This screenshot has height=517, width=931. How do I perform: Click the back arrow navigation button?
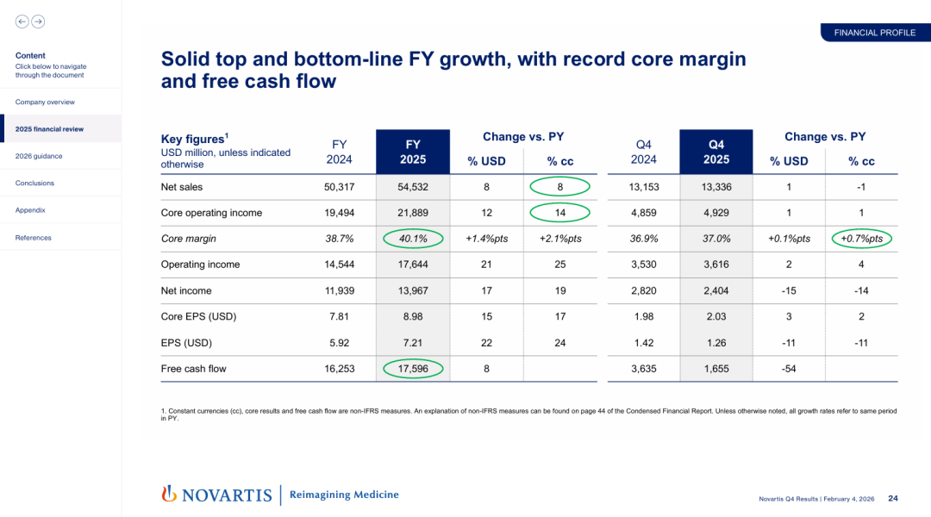pos(22,22)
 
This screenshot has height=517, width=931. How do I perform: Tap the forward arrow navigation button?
pos(38,22)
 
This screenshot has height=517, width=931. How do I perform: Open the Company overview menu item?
pos(45,102)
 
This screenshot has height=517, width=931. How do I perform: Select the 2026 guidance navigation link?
pos(39,156)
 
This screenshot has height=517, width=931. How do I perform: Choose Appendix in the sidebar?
pos(30,210)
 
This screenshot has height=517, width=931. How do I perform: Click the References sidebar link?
pos(34,238)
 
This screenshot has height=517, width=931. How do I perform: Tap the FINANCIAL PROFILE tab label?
pos(875,33)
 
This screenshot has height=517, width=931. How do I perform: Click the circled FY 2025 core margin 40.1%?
pos(413,239)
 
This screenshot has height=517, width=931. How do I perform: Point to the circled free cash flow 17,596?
pos(413,369)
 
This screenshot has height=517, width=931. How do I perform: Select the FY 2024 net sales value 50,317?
pos(339,187)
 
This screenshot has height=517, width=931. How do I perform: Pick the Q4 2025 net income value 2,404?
pos(716,291)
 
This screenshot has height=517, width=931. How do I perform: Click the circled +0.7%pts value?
pos(861,239)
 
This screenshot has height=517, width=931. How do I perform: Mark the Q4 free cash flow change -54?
pos(789,369)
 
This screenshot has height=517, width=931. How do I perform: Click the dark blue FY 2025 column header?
pos(413,152)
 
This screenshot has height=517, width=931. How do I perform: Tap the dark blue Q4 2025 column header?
pos(716,152)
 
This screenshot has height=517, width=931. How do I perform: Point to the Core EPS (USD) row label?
pos(198,316)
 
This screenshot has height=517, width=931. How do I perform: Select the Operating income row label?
pos(200,265)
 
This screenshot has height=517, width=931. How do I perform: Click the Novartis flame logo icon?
pos(169,494)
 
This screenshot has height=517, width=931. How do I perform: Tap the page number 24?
pos(893,499)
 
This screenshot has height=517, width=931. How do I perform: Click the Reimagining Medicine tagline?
pos(344,495)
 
